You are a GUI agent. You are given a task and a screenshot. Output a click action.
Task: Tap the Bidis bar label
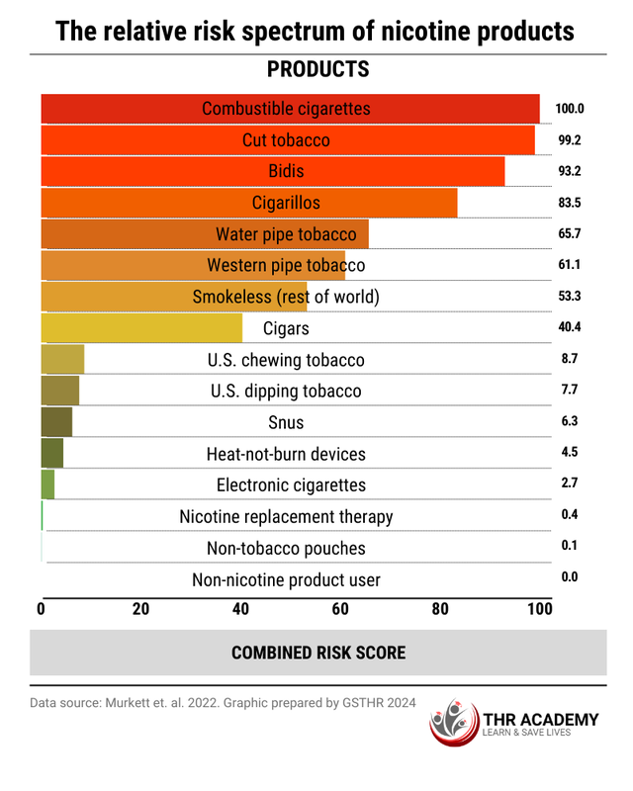pyautogui.click(x=286, y=171)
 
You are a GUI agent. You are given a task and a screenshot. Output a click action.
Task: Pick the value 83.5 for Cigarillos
pyautogui.click(x=570, y=203)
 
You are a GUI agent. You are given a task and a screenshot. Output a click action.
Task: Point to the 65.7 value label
pyautogui.click(x=570, y=234)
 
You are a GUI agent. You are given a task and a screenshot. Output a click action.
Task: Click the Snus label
pyautogui.click(x=286, y=422)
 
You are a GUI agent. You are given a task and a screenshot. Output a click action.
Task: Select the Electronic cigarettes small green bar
pyautogui.click(x=47, y=484)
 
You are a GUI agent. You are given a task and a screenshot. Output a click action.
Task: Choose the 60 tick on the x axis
pyautogui.click(x=340, y=609)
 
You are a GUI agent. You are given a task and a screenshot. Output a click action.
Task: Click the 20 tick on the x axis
pyautogui.click(x=140, y=609)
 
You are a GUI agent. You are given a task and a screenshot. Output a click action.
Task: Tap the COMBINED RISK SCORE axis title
pyautogui.click(x=317, y=653)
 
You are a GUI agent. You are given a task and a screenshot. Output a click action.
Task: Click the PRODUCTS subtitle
pyautogui.click(x=317, y=69)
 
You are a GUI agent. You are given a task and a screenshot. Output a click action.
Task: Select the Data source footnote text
pyautogui.click(x=223, y=702)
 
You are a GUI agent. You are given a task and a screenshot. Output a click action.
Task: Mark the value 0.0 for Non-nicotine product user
pyautogui.click(x=570, y=576)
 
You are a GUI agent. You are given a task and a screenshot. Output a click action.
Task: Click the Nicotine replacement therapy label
pyautogui.click(x=286, y=516)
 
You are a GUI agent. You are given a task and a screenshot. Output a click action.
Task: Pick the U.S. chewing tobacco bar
pyautogui.click(x=62, y=360)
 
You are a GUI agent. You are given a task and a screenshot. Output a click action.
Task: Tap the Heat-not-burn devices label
pyautogui.click(x=286, y=454)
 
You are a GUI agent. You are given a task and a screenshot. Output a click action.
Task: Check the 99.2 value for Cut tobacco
pyautogui.click(x=570, y=140)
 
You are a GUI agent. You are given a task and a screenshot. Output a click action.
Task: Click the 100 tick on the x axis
pyautogui.click(x=539, y=609)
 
